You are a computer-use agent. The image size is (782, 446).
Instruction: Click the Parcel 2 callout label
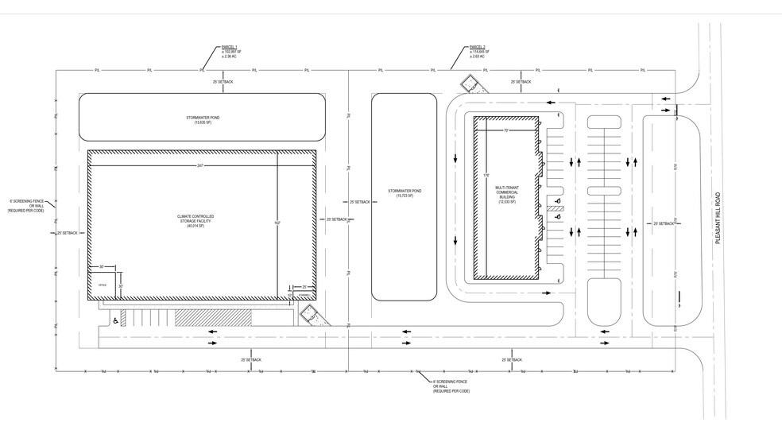tap(478, 52)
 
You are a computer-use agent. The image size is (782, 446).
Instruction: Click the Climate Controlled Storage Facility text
tap(195, 221)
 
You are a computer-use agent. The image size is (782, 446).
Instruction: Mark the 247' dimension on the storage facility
tap(201, 165)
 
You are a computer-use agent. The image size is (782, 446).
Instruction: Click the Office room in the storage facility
tap(102, 284)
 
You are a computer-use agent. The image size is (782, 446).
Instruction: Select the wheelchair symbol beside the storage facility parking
tap(115, 320)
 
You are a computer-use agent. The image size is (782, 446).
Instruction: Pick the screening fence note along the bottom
tap(450, 386)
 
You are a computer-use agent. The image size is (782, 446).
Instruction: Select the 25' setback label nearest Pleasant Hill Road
tap(664, 224)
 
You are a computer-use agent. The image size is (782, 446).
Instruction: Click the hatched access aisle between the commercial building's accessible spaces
tap(561, 208)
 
